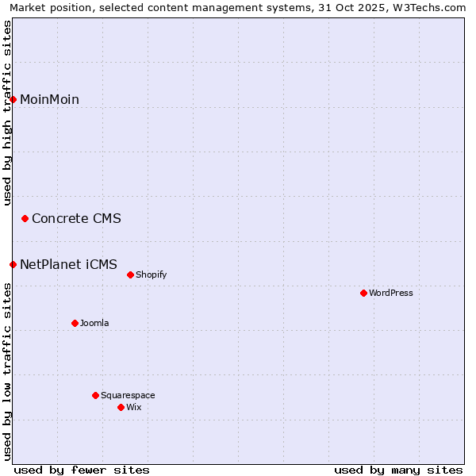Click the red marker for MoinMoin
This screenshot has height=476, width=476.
click(13, 99)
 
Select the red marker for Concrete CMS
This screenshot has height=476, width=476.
click(25, 218)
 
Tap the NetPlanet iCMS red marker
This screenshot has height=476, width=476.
click(13, 264)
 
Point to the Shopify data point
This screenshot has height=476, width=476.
click(131, 274)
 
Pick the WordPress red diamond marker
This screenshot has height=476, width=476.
click(364, 293)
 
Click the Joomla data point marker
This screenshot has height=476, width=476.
click(75, 323)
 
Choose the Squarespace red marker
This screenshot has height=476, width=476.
click(96, 395)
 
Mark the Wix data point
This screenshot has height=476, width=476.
click(121, 407)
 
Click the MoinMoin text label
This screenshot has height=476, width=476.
click(49, 99)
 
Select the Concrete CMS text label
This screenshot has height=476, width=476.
click(76, 218)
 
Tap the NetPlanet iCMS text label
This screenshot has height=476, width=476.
click(68, 264)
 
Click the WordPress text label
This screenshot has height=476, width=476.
click(391, 293)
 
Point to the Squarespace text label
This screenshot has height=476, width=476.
click(128, 395)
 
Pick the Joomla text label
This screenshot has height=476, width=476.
click(94, 323)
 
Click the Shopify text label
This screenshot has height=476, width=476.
click(151, 274)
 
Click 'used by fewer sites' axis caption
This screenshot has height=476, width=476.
click(82, 470)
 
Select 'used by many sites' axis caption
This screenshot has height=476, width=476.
click(398, 470)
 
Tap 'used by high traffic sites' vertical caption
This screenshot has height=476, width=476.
click(7, 113)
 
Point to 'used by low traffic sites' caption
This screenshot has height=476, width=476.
click(7, 372)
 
